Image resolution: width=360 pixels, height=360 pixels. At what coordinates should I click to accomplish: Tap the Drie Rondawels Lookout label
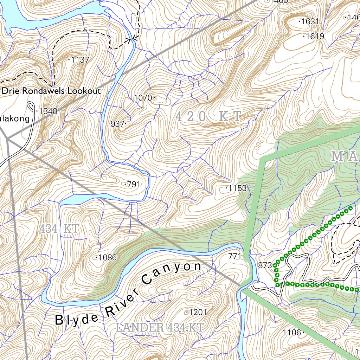point(51,91)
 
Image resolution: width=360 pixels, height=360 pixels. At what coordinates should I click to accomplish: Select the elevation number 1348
point(48,111)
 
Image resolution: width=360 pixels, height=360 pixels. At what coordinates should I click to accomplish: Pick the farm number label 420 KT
point(208,116)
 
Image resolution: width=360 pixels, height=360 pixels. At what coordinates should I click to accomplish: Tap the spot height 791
point(134,184)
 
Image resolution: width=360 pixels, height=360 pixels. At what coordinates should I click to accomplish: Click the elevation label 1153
point(237,188)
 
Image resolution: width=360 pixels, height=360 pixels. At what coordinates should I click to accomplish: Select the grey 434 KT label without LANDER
point(59,229)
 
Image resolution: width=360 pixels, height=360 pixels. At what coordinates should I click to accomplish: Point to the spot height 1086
point(107,258)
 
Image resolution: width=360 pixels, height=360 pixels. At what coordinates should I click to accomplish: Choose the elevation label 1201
point(198,312)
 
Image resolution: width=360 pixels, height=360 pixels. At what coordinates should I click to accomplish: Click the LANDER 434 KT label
point(159,328)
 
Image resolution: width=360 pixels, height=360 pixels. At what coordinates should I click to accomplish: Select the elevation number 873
point(265,265)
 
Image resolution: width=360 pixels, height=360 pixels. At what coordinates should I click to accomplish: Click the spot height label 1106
point(292,333)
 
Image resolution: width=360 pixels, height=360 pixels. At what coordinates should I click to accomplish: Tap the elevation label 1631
point(310,21)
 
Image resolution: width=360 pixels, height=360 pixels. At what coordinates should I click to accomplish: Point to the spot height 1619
point(315,36)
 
